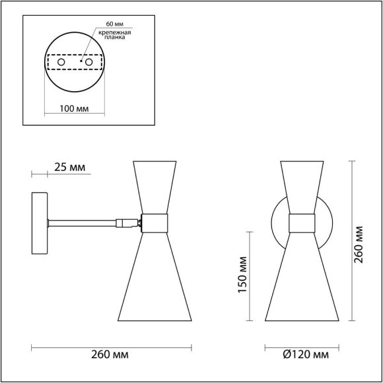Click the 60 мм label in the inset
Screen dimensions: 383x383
tap(114, 24)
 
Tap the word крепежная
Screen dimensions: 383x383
tap(114, 32)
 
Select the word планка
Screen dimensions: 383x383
tap(114, 37)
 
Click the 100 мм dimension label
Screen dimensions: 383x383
tap(74, 109)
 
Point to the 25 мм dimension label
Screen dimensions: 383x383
tap(69, 168)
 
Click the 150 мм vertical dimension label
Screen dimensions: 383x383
tap(242, 275)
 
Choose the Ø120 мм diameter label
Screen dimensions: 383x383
tap(306, 355)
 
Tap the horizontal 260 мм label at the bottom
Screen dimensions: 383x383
tap(110, 355)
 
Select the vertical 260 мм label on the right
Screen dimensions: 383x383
tap(359, 245)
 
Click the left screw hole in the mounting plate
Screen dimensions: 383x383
tap(61, 62)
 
